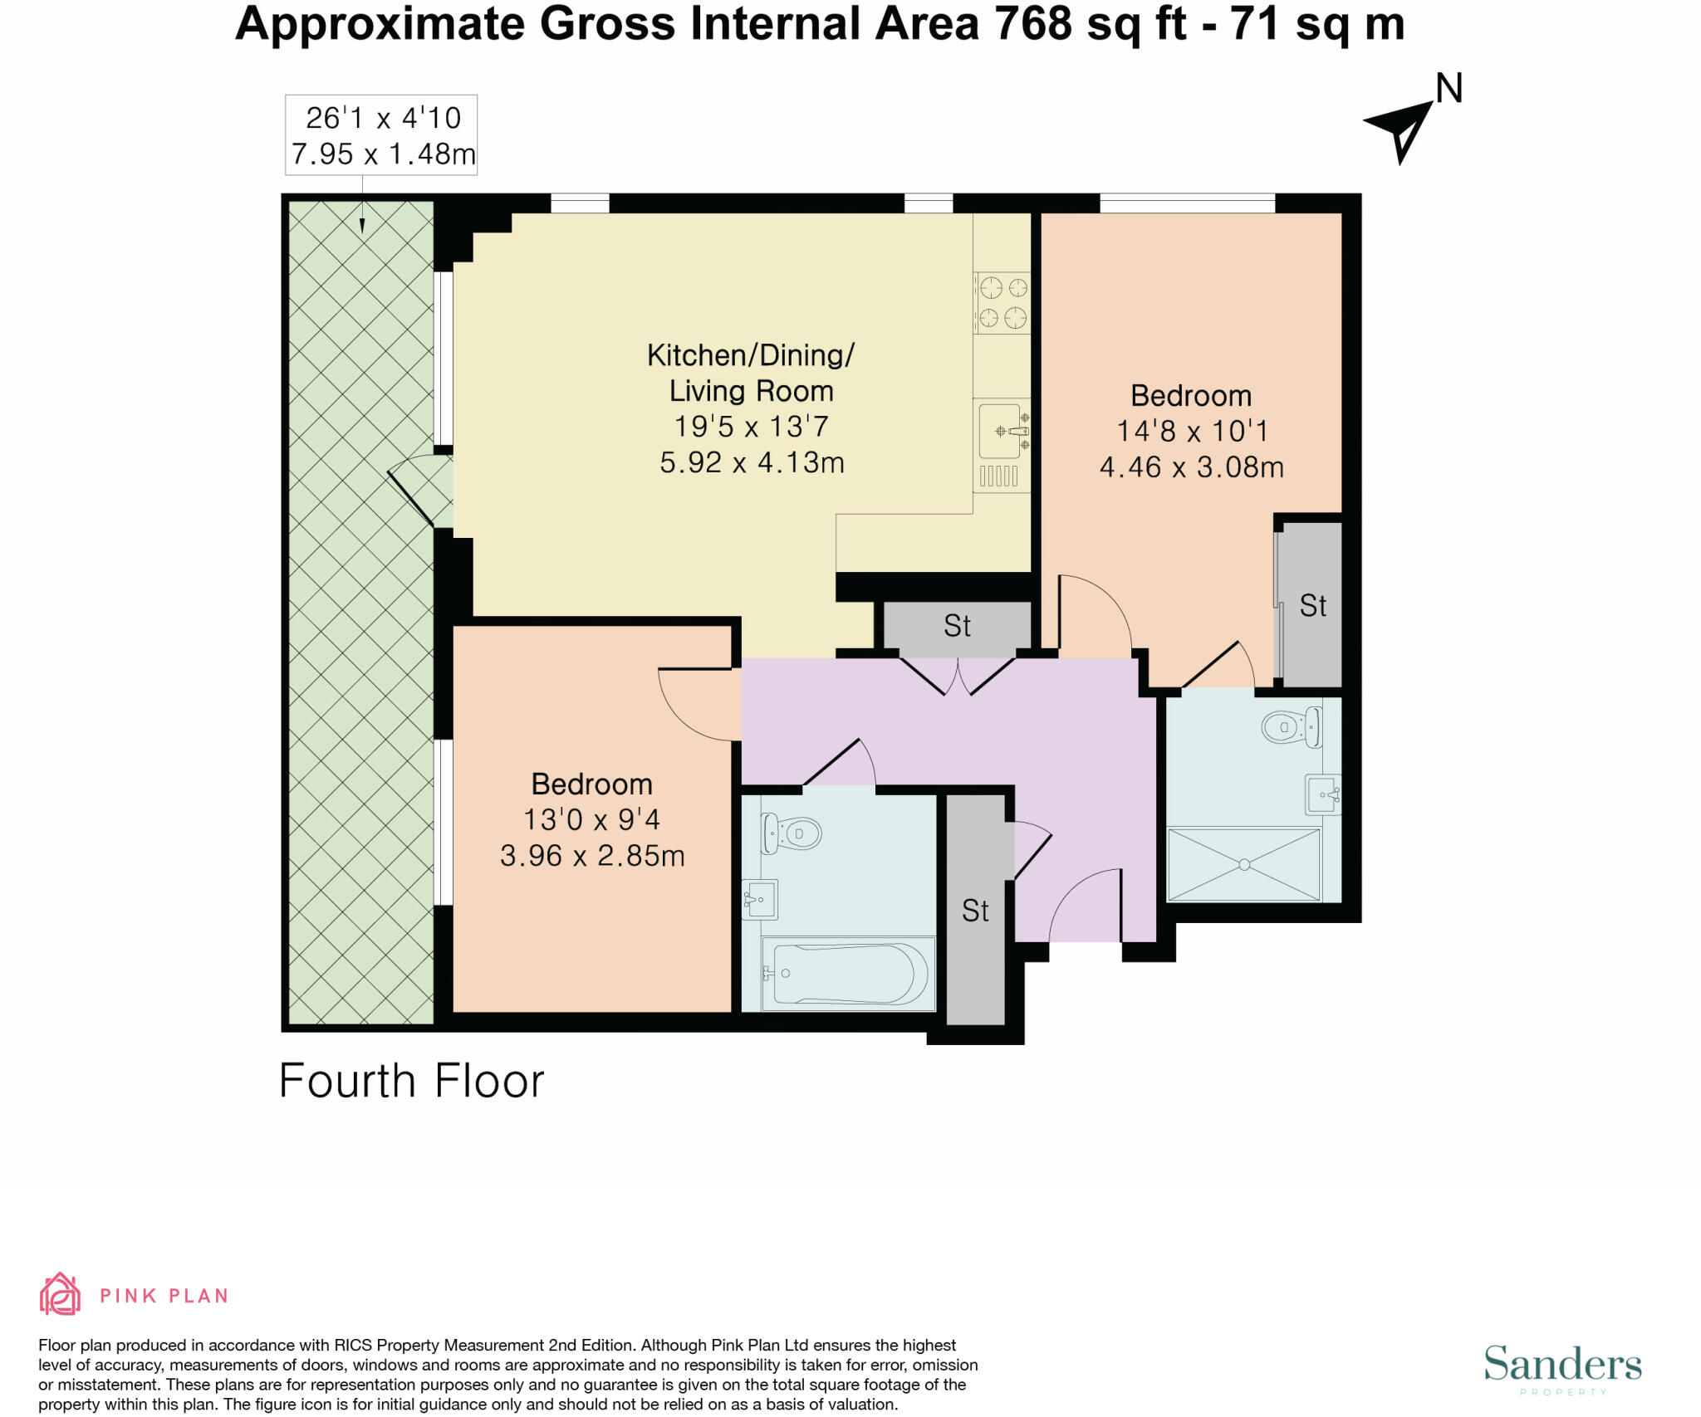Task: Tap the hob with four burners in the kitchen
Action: [1002, 303]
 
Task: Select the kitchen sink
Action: [1003, 431]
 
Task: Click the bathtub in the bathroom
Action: [849, 974]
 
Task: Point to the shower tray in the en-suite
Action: [1244, 864]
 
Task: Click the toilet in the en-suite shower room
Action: [1292, 728]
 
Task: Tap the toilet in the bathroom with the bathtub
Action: [792, 833]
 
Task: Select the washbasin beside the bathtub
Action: [760, 899]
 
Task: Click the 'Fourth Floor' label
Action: [411, 1081]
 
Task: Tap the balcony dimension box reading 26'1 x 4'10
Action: [381, 134]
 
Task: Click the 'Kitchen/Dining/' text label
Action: [751, 355]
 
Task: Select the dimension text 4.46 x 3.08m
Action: [1192, 467]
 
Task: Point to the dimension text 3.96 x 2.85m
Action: [592, 856]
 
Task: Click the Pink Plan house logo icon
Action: [60, 1294]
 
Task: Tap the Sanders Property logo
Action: [1563, 1366]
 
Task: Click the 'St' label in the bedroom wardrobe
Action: [1313, 606]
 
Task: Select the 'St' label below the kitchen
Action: [957, 626]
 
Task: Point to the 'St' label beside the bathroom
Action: [975, 911]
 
